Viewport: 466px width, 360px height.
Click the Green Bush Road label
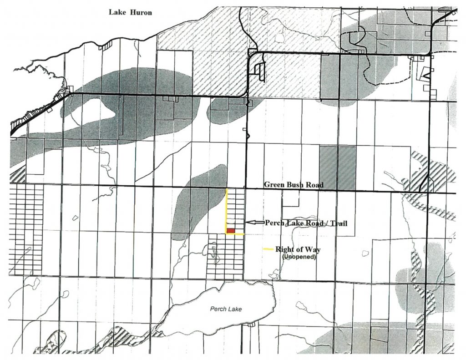[294, 185]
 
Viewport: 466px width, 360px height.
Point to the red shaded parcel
[231, 231]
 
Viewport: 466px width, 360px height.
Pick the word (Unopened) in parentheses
[298, 257]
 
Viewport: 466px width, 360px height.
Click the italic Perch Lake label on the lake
[226, 309]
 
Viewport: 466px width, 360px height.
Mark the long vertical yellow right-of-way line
[227, 209]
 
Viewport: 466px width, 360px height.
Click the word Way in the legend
[313, 249]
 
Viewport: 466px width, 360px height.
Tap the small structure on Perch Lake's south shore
[252, 325]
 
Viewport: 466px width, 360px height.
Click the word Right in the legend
[284, 249]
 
